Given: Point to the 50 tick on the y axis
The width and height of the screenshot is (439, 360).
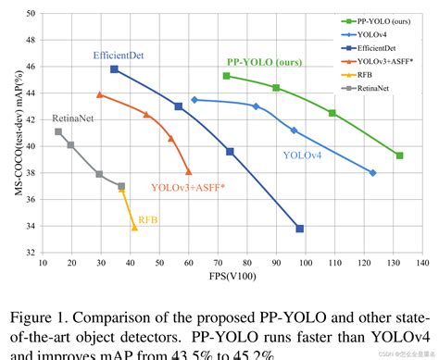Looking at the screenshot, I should [31, 14].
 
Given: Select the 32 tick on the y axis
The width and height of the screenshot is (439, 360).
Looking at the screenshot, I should [31, 253].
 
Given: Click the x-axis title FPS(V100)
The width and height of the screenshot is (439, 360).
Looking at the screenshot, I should [226, 276].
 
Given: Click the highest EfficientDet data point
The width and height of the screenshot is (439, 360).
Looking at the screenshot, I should [114, 69].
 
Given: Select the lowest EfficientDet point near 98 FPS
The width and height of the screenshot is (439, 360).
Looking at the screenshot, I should [299, 228].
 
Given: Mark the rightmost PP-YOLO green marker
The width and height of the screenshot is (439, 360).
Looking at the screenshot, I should [399, 155].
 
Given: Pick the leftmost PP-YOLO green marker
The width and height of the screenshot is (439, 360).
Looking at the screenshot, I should [226, 76].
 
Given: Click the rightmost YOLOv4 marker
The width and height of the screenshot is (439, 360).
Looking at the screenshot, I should [372, 173].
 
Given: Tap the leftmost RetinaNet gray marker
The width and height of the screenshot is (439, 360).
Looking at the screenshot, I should [58, 131].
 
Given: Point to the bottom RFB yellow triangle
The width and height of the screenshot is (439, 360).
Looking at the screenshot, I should [134, 227].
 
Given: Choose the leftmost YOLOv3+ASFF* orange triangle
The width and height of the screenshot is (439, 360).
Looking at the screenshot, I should [99, 94].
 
